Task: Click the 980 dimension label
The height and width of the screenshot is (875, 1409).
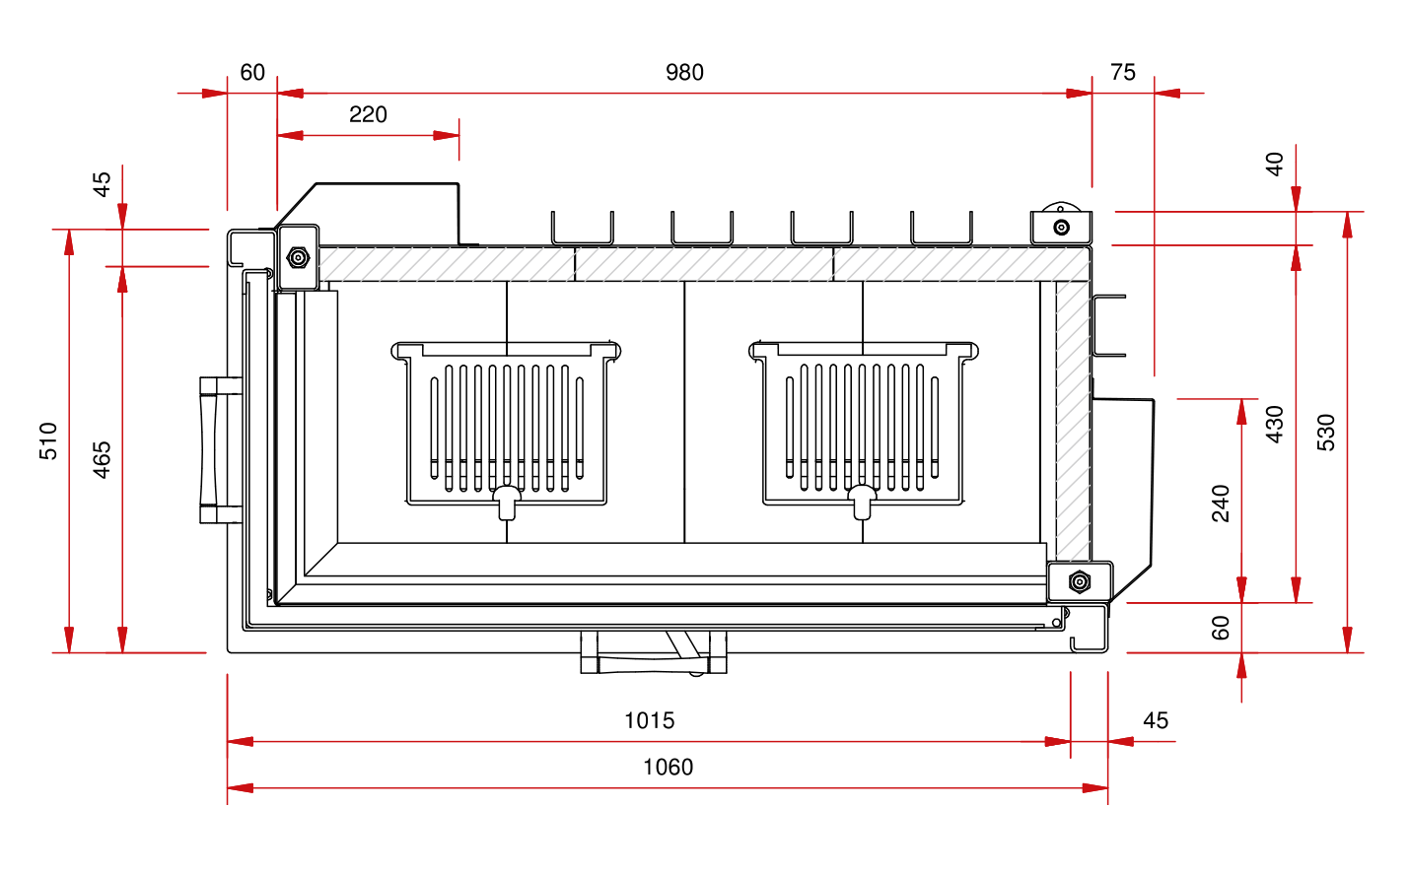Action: click(x=684, y=72)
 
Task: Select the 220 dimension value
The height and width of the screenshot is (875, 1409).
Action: click(x=368, y=114)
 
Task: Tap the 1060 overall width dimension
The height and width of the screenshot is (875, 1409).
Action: click(x=668, y=767)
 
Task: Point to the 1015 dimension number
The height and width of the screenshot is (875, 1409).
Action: click(x=649, y=720)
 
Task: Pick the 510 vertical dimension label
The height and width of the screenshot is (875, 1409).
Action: click(x=48, y=440)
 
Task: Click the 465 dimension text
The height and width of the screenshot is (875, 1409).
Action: click(x=102, y=460)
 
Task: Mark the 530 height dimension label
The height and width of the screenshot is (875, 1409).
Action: click(x=1326, y=433)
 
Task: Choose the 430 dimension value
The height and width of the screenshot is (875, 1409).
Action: click(x=1275, y=424)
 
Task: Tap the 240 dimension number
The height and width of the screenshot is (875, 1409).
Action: click(x=1222, y=503)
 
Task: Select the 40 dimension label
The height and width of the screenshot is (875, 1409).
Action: click(x=1275, y=164)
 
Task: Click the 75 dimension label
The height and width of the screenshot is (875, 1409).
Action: click(x=1122, y=72)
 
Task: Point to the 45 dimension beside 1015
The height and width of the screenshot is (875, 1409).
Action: click(x=1156, y=720)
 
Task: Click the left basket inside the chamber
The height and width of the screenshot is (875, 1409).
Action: click(x=507, y=424)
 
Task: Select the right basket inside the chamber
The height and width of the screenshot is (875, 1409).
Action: click(x=864, y=424)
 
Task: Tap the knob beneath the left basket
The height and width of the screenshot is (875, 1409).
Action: click(x=507, y=502)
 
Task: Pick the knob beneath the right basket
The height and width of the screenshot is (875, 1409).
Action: click(x=863, y=502)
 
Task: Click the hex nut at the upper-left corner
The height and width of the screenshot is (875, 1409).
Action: click(x=298, y=258)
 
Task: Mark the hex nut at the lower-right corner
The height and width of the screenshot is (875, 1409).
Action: click(x=1080, y=581)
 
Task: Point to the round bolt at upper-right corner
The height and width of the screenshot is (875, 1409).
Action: click(x=1061, y=228)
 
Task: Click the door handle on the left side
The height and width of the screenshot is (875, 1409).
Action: click(x=211, y=449)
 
